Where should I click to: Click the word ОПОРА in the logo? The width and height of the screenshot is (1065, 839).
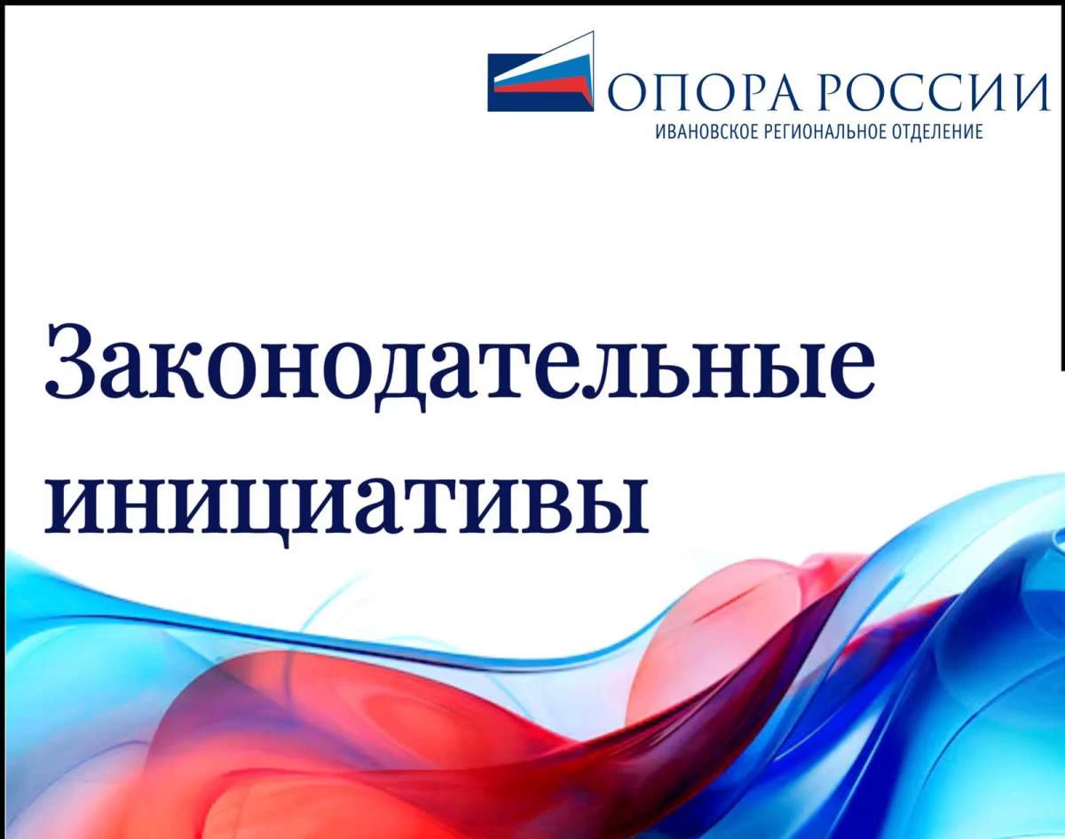click(703, 92)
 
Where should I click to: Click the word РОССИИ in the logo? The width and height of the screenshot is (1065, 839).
click(933, 92)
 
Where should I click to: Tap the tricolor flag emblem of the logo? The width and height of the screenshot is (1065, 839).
click(540, 72)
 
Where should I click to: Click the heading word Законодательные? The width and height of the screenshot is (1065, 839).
click(461, 368)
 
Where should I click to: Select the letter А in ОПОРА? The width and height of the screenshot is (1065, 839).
click(777, 92)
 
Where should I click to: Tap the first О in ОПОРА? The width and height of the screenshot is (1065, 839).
click(626, 92)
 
